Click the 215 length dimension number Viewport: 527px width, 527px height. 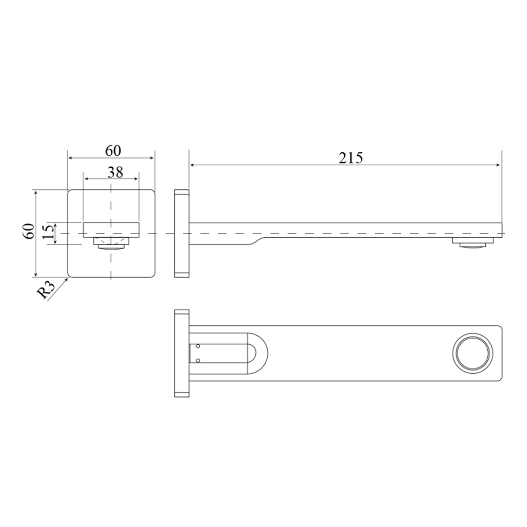tap(350, 157)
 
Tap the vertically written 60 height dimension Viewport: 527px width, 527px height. tap(29, 231)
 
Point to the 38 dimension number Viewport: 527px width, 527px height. tap(115, 172)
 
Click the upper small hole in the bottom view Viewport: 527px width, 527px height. tap(198, 346)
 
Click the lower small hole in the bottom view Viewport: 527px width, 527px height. tap(198, 360)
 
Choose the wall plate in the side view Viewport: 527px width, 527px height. tap(182, 234)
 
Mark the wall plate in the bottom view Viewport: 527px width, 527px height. tap(182, 354)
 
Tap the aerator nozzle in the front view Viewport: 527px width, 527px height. tap(111, 243)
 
